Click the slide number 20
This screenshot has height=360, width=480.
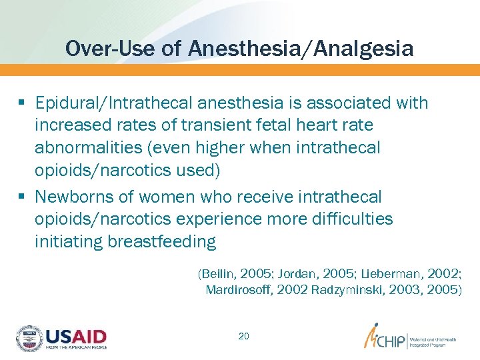click(244, 336)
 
